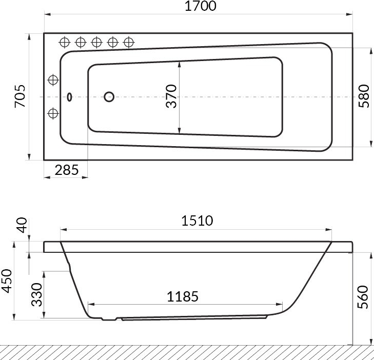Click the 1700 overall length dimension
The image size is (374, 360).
pyautogui.click(x=201, y=6)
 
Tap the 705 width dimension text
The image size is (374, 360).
pyautogui.click(x=20, y=96)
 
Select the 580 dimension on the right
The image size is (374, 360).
pyautogui.click(x=364, y=96)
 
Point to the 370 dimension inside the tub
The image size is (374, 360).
pyautogui.click(x=171, y=96)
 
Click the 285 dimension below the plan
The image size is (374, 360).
pyautogui.click(x=67, y=170)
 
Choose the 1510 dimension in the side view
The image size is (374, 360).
pyautogui.click(x=197, y=221)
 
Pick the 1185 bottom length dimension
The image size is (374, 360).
pyautogui.click(x=183, y=296)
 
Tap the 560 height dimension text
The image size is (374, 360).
pyautogui.click(x=363, y=297)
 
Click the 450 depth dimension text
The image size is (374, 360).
pyautogui.click(x=7, y=281)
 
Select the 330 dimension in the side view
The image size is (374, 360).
pyautogui.click(x=37, y=294)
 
